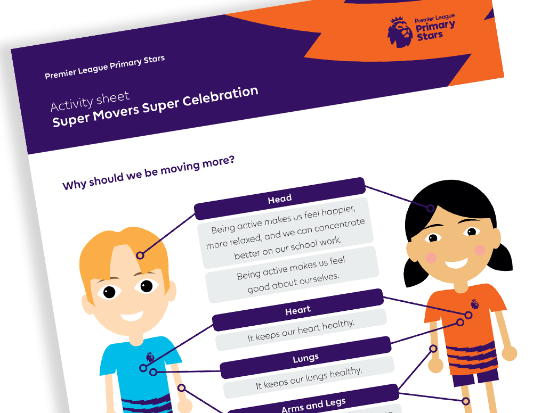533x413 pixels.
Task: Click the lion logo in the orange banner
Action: (400, 32)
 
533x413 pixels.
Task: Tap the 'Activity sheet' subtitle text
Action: (90, 101)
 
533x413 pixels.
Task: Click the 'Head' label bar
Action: (280, 199)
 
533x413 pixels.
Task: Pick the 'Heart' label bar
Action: (298, 310)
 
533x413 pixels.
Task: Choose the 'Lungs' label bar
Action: (305, 358)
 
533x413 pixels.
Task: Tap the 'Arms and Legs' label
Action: (313, 405)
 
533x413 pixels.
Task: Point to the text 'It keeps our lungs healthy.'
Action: (309, 378)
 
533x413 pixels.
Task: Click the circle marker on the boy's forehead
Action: (140, 255)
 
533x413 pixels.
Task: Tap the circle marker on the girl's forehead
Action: (430, 208)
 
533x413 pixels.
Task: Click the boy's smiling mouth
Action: (132, 317)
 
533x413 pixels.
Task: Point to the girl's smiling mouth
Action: (456, 262)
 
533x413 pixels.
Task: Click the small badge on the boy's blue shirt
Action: (150, 357)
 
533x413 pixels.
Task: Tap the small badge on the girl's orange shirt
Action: (474, 304)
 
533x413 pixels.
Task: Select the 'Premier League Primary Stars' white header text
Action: (104, 67)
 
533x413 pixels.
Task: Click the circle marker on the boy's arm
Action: (182, 387)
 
